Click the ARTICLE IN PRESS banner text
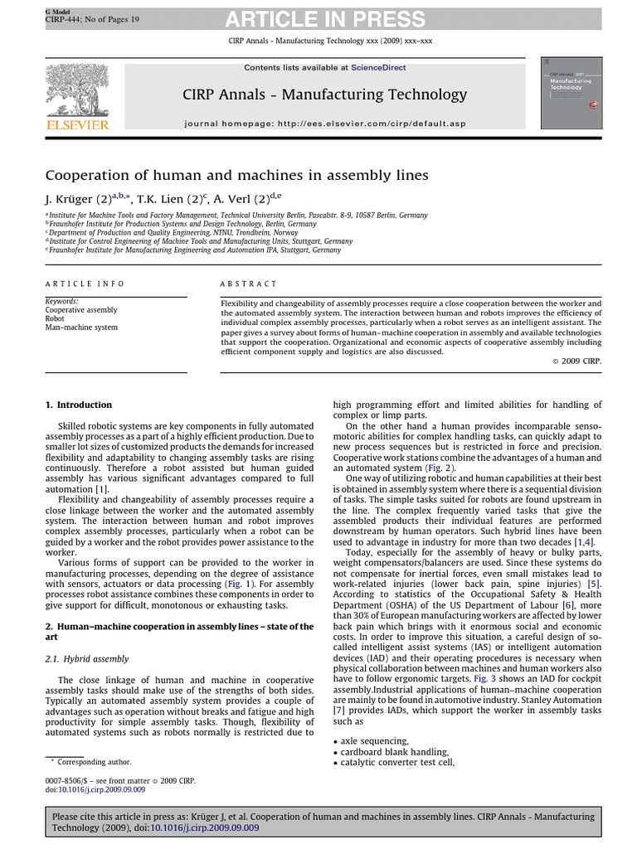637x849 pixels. point(319,20)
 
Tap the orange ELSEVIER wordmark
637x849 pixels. point(77,124)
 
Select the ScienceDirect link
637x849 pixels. point(378,67)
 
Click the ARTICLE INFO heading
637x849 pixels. point(85,284)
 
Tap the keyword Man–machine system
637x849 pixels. point(81,327)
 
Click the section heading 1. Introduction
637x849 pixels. point(78,405)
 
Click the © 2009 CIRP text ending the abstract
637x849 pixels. point(576,361)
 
